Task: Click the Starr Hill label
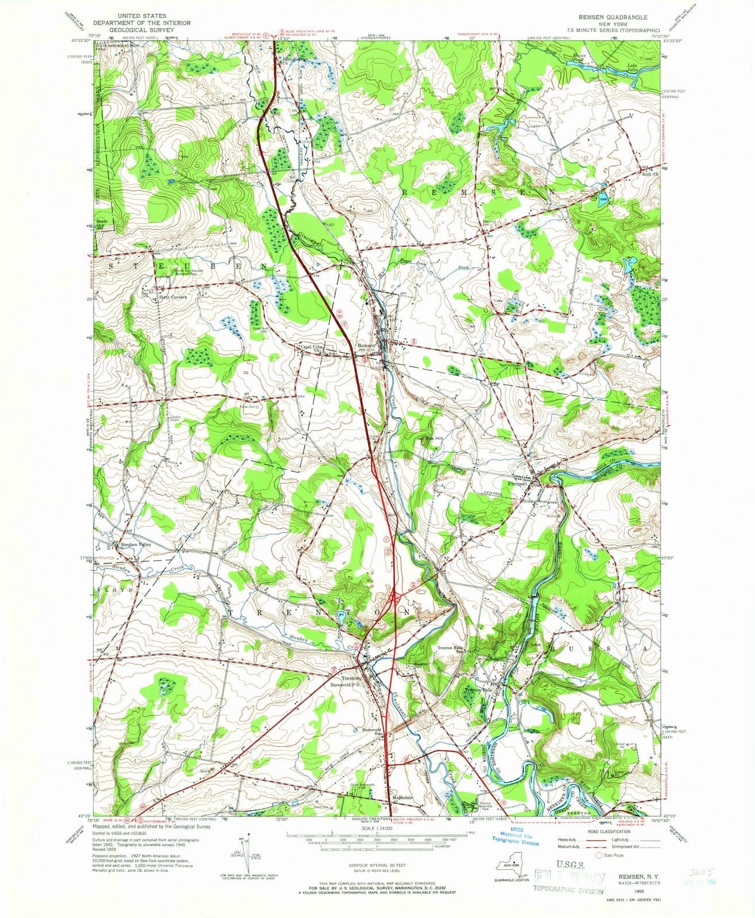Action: click(x=102, y=223)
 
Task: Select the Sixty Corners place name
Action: click(x=164, y=298)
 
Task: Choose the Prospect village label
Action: click(x=518, y=483)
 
